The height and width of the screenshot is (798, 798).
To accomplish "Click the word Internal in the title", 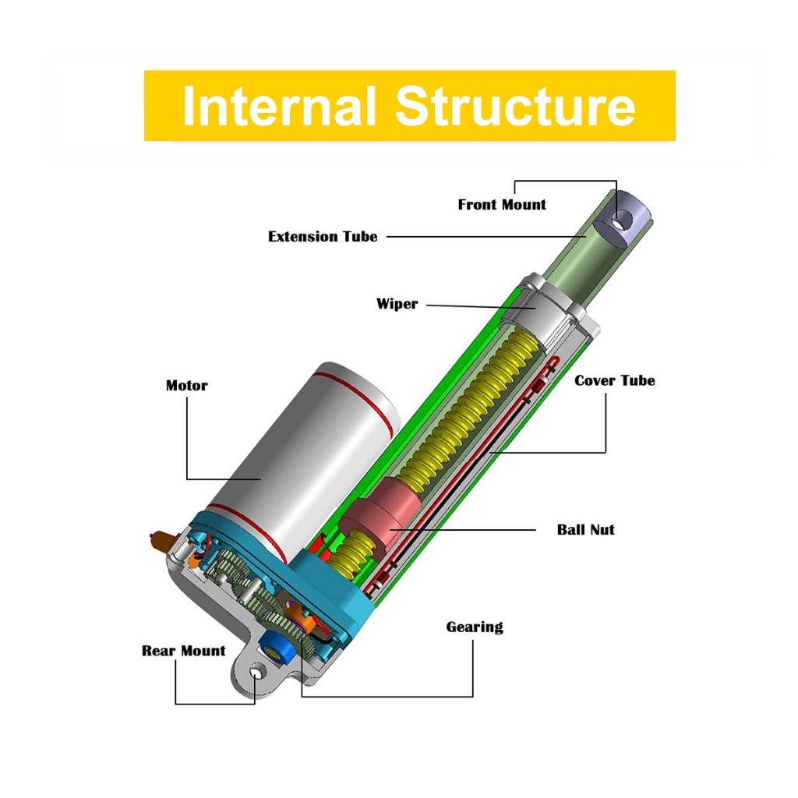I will (x=279, y=106).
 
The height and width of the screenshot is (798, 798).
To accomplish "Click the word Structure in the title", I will (x=515, y=106).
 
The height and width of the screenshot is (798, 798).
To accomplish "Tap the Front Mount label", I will (x=502, y=205).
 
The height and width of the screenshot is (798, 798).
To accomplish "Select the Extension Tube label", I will (x=323, y=237).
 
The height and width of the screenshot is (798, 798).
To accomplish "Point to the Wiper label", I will (x=397, y=304).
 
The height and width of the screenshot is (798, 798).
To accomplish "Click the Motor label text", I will (x=187, y=386).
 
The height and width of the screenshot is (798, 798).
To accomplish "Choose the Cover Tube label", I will (x=615, y=381).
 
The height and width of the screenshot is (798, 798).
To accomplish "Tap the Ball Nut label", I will (x=586, y=530).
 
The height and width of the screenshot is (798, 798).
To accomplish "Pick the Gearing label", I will (x=475, y=627).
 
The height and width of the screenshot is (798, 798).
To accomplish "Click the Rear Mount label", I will (x=184, y=651).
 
